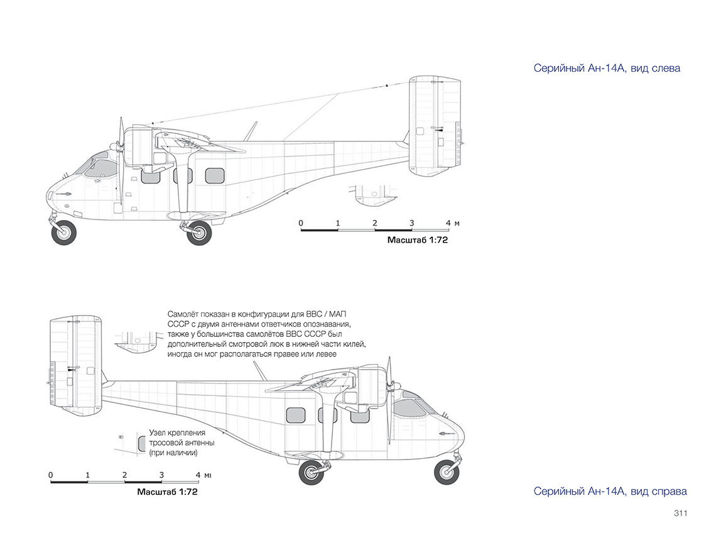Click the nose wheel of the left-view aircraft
[64, 232]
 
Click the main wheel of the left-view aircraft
[199, 233]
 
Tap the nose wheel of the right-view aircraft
[447, 472]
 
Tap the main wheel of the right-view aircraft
[312, 472]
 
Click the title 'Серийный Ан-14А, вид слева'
[607, 68]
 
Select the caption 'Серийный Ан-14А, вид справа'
[610, 491]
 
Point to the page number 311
[680, 513]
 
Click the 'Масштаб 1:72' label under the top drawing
[418, 240]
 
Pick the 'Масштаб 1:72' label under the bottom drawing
[167, 492]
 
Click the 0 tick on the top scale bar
[301, 223]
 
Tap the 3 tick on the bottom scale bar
[161, 475]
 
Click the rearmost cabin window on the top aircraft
[215, 175]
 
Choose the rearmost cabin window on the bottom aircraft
[295, 415]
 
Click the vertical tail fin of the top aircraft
[435, 126]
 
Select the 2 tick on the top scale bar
[375, 223]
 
